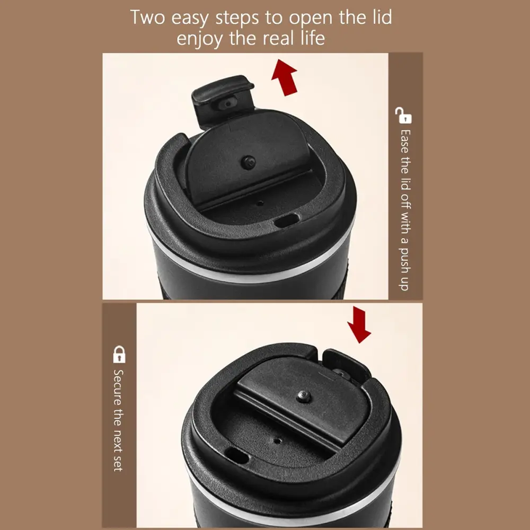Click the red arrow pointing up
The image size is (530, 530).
284,77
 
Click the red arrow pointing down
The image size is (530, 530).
359,324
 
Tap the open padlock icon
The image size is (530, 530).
403,115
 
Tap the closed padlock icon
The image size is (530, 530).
119,354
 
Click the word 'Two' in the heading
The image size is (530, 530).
147,17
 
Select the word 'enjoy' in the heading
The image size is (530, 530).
199,39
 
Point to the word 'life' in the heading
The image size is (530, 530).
313,37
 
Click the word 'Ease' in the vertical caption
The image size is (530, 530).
404,142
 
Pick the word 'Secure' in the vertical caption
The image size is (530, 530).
118,388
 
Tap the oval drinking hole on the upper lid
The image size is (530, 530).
286,221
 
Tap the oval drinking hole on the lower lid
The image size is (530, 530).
236,456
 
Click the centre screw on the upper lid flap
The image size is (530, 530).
249,162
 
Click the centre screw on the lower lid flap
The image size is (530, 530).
303,396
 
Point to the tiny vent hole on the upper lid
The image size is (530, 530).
260,203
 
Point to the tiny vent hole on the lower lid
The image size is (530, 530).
277,441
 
